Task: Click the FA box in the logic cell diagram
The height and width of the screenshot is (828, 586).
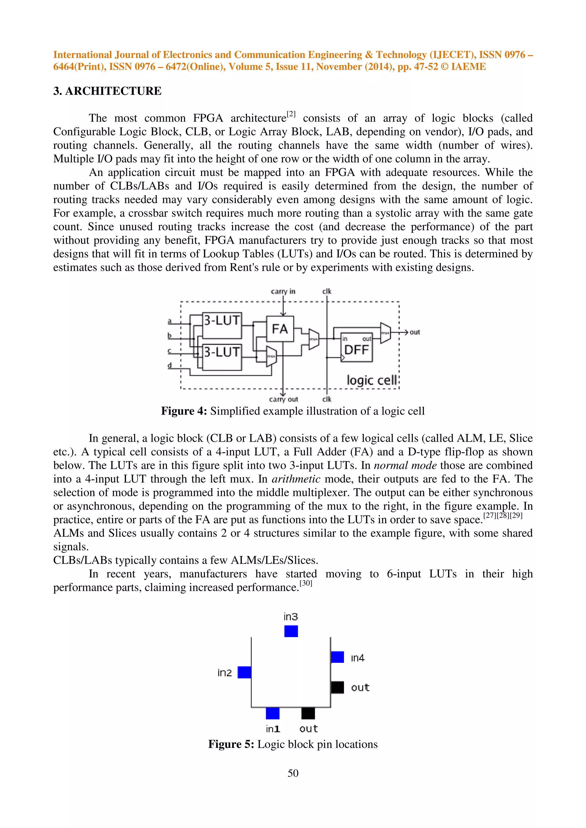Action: click(280, 329)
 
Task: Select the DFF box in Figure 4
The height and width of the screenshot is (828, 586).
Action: click(356, 347)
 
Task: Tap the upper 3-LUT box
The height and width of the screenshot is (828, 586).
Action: click(222, 325)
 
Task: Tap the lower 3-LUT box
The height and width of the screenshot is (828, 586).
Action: click(222, 357)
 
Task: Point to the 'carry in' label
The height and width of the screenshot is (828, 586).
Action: click(283, 291)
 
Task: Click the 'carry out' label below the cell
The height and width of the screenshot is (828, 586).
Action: click(284, 399)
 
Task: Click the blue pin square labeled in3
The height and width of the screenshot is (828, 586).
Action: click(291, 631)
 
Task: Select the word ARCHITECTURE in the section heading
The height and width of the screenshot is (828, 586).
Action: click(113, 91)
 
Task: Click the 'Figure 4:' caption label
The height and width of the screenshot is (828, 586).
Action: click(184, 411)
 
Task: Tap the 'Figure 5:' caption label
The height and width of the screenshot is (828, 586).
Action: click(231, 744)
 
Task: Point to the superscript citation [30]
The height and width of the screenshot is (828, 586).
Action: click(306, 583)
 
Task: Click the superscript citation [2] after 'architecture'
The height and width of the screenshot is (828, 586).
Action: click(291, 114)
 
